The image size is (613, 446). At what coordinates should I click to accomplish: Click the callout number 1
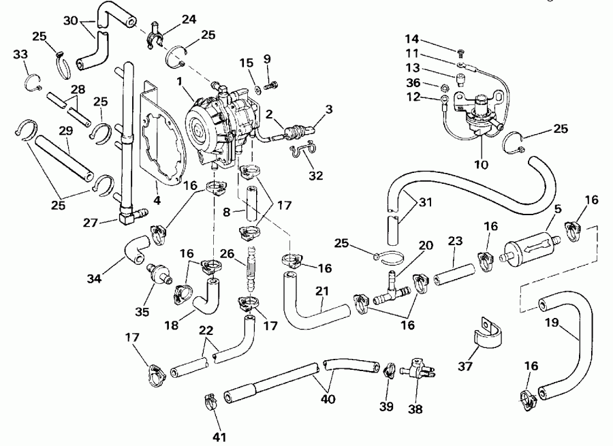180,82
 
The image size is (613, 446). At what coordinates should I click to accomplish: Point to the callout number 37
465,366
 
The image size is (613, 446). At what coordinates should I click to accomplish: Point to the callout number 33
21,54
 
